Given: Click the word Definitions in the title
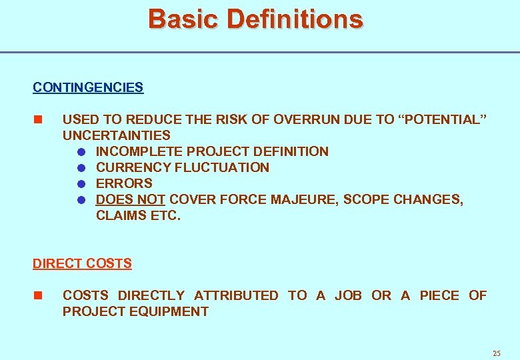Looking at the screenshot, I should [x=295, y=19].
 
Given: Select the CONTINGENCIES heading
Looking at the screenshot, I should [x=88, y=87].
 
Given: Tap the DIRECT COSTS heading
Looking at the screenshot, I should [x=82, y=263].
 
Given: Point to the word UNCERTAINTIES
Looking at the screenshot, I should [x=117, y=135].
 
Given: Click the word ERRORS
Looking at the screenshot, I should [x=125, y=183].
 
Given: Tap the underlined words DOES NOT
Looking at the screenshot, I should [x=131, y=199].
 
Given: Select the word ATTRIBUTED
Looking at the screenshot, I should [x=236, y=295].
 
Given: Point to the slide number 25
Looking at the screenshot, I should [x=496, y=353].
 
